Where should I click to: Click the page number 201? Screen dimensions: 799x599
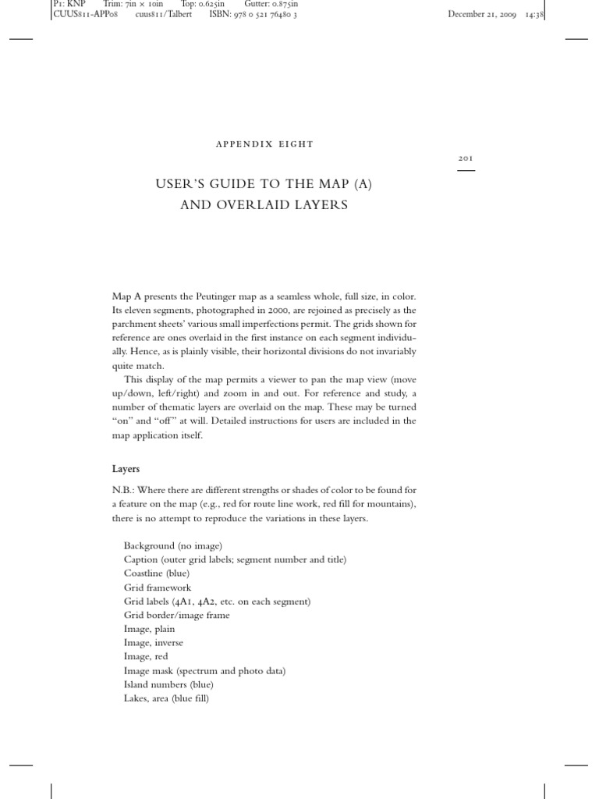click(466, 158)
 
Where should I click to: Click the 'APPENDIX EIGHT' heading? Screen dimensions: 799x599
click(263, 144)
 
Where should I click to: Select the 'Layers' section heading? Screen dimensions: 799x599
click(126, 469)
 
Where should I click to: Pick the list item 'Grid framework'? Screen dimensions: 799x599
click(157, 588)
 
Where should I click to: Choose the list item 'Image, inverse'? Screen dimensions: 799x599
click(153, 643)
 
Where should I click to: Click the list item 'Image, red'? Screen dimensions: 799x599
click(145, 657)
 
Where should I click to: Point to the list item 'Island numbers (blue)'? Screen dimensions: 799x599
click(168, 684)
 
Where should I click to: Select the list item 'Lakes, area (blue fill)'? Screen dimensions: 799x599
click(166, 698)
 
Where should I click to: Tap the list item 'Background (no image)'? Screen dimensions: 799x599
click(172, 546)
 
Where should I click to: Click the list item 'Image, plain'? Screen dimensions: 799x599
click(149, 629)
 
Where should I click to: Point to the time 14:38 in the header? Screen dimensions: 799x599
click(534, 14)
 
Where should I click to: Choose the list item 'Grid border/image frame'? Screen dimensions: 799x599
click(176, 615)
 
